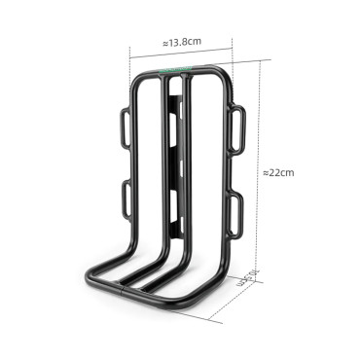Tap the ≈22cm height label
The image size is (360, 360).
point(278,172)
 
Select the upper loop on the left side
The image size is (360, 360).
point(125,129)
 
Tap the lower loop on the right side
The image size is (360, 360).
point(234,207)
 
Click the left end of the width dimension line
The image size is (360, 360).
point(134,54)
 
